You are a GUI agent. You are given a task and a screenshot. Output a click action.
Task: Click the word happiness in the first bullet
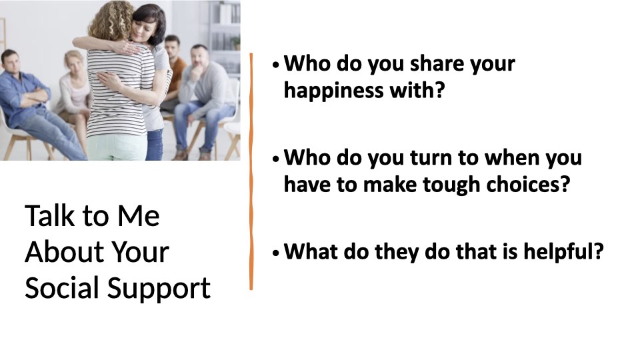point(333,90)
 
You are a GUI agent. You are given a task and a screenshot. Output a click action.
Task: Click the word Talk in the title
point(50,215)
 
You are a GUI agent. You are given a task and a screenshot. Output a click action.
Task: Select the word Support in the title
point(159,289)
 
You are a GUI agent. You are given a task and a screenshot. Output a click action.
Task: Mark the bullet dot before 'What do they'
point(276,253)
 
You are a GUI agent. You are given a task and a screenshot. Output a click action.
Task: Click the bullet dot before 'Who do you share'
point(276,65)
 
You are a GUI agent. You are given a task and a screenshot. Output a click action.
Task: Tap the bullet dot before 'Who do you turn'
point(276,159)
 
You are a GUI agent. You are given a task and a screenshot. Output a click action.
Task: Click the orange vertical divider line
point(251,171)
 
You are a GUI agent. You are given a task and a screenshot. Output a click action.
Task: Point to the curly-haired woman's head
point(109,21)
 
